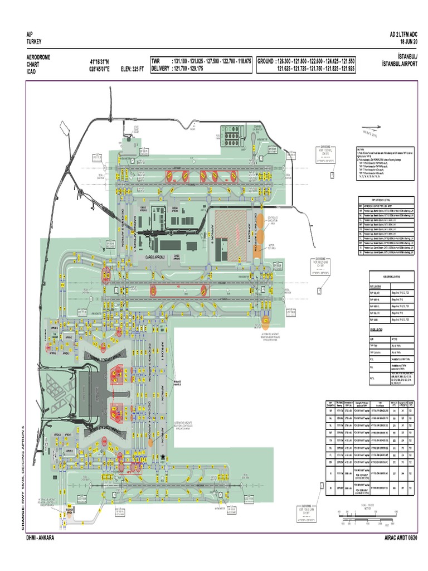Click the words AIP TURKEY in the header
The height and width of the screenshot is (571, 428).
35,38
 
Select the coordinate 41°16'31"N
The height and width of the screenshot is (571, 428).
100,61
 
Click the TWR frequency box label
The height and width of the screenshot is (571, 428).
159,61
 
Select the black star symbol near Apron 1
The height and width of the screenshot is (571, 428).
163,458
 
